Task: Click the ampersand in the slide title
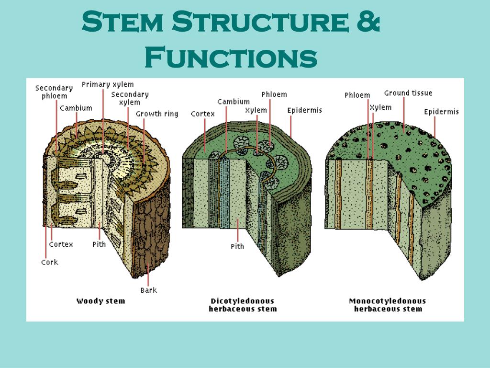tap(368, 23)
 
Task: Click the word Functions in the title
tap(231, 57)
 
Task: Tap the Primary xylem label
tap(108, 85)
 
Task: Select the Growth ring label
tap(157, 114)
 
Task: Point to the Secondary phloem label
tap(54, 92)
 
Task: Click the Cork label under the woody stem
tap(50, 262)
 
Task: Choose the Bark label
tap(148, 290)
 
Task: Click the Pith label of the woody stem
tap(99, 244)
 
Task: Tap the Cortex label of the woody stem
tap(61, 244)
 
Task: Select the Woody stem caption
tap(100, 301)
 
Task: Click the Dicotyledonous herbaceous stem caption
tap(243, 305)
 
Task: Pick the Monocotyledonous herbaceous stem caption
tap(388, 305)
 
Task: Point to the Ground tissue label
tap(408, 93)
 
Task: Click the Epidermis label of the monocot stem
tap(441, 112)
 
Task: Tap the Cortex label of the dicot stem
tap(203, 114)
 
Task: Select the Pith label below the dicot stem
tap(237, 246)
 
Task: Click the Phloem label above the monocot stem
tap(357, 95)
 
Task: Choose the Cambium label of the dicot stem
tap(234, 102)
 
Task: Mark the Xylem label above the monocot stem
tap(380, 107)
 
